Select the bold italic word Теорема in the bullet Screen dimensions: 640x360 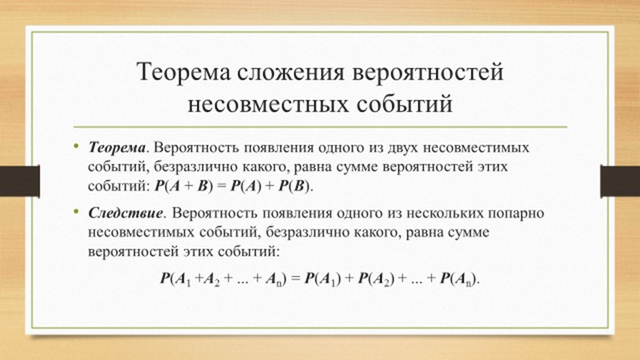pyautogui.click(x=117, y=147)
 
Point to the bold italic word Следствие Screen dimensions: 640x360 pyautogui.click(x=126, y=213)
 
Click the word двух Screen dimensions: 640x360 pyautogui.click(x=402, y=148)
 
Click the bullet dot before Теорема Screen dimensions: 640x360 pyautogui.click(x=76, y=145)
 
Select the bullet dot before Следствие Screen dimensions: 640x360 pyautogui.click(x=76, y=211)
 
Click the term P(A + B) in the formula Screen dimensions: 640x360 pyautogui.click(x=184, y=186)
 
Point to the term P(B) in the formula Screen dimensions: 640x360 pyautogui.click(x=295, y=186)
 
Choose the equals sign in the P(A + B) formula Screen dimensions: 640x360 pyautogui.click(x=222, y=186)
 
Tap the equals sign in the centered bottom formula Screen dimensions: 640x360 pyautogui.click(x=296, y=279)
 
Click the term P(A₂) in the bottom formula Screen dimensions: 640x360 pyautogui.click(x=377, y=279)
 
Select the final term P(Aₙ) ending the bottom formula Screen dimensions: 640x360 pyautogui.click(x=458, y=279)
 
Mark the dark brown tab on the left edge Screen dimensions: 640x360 pyautogui.click(x=20, y=181)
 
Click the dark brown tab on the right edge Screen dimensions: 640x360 pyautogui.click(x=620, y=181)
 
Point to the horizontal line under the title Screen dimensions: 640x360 pyautogui.click(x=320, y=127)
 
